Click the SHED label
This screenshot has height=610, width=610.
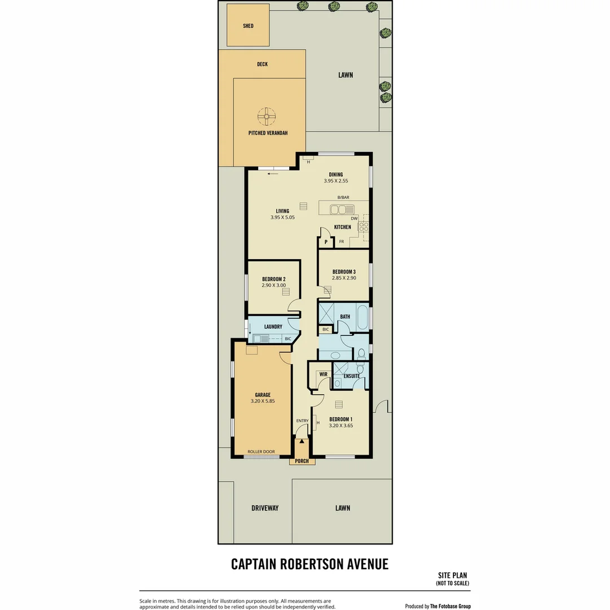pyautogui.click(x=248, y=26)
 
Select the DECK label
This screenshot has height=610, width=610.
pyautogui.click(x=262, y=64)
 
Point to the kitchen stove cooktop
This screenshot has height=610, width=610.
pyautogui.click(x=365, y=226)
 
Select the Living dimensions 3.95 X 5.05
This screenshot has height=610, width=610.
pyautogui.click(x=282, y=217)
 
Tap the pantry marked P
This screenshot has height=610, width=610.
pyautogui.click(x=326, y=242)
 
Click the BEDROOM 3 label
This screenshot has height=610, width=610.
pyautogui.click(x=343, y=272)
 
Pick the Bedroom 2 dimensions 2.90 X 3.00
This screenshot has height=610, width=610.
pyautogui.click(x=274, y=286)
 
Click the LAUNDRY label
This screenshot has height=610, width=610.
pyautogui.click(x=273, y=326)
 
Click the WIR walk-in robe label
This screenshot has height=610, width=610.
pyautogui.click(x=324, y=374)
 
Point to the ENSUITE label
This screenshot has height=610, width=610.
pyautogui.click(x=351, y=376)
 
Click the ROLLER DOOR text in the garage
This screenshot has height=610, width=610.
pyautogui.click(x=261, y=452)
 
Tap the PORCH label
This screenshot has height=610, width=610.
pyautogui.click(x=302, y=461)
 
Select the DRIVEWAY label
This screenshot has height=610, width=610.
pyautogui.click(x=265, y=508)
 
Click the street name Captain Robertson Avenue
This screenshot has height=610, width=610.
pyautogui.click(x=310, y=564)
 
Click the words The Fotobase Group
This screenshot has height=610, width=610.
pyautogui.click(x=450, y=606)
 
